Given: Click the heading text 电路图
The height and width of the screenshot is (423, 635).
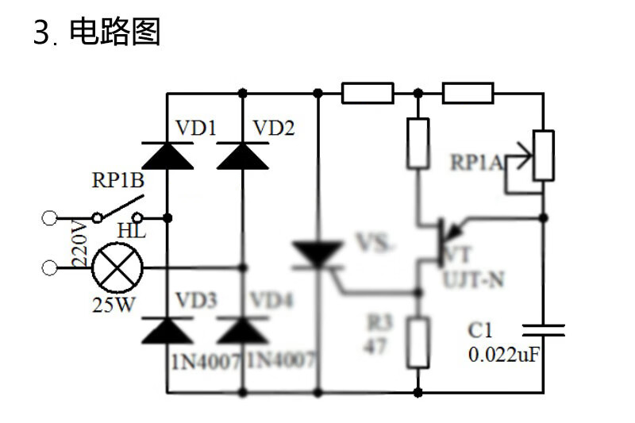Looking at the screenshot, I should click(115, 33).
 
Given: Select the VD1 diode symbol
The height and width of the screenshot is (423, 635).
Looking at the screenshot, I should click(167, 155).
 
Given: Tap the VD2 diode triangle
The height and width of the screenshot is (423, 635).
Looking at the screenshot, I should click(242, 155).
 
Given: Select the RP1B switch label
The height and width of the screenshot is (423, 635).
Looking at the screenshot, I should click(117, 181).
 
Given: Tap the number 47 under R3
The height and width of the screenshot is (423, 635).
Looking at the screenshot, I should click(374, 346).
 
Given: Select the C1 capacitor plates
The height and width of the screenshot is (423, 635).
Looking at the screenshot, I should click(544, 329).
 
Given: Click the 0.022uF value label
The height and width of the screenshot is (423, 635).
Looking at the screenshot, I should click(504, 355).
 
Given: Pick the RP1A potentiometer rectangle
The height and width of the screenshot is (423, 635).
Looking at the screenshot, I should click(544, 156).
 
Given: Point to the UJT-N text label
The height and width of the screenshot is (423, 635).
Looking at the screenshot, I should click(473, 279).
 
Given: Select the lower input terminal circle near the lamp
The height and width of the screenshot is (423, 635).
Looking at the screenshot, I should click(50, 267).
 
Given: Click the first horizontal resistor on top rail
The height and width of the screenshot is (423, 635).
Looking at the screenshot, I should click(368, 94).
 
